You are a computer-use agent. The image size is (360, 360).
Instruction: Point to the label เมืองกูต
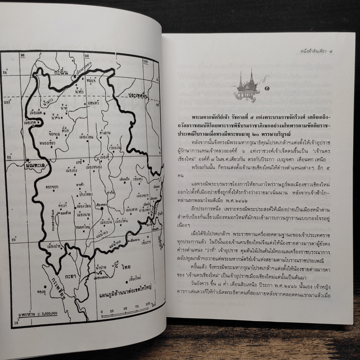30,121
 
